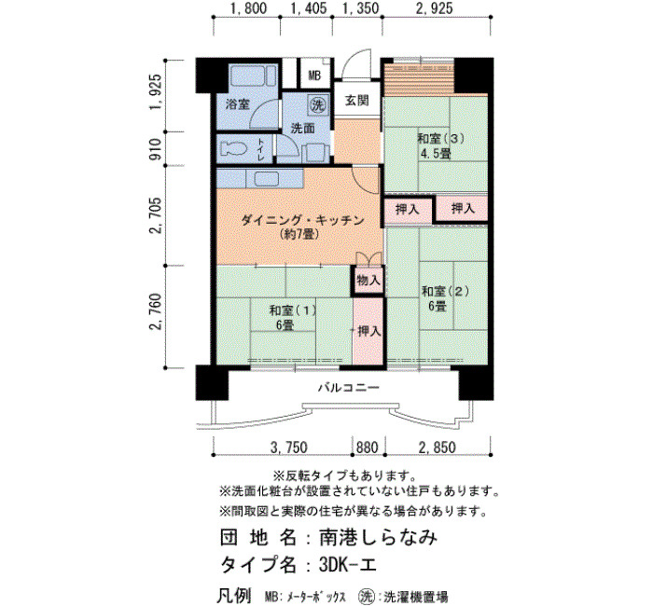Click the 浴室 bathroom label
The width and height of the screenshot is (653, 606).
point(237,103)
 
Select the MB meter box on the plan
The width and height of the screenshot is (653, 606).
point(315,76)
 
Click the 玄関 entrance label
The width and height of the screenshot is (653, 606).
point(357,101)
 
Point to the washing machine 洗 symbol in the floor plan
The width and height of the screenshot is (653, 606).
point(318,105)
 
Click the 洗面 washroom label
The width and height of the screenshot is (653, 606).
point(303,128)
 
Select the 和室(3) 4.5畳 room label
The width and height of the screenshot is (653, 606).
point(436,145)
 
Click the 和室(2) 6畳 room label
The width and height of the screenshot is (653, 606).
point(438,298)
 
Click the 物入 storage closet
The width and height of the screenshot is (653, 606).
point(368,280)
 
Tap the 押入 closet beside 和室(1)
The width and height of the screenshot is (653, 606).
point(368,331)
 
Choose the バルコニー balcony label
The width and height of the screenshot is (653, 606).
point(349,388)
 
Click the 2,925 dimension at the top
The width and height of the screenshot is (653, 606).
point(434,7)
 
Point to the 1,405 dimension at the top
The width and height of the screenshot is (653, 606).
point(309,7)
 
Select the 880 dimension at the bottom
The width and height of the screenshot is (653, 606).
point(367,448)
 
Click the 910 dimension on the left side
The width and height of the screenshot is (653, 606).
point(155,149)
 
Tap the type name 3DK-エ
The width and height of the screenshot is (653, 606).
point(348,564)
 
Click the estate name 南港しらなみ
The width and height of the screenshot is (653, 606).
point(378,537)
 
